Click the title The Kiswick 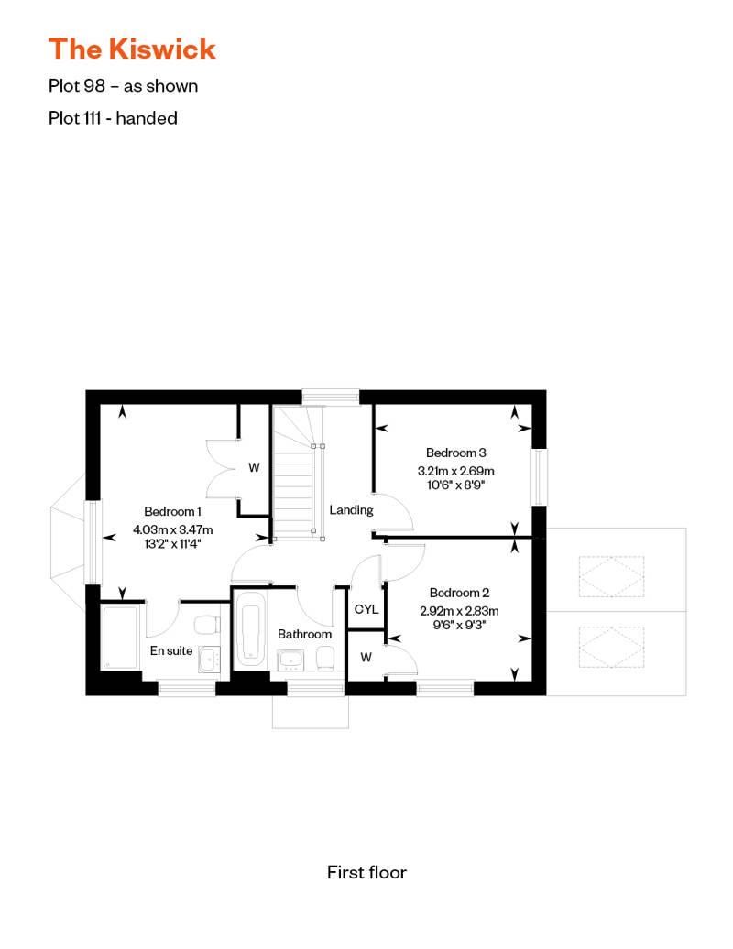132,49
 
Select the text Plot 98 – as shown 123,86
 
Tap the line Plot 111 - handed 113,117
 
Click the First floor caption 366,872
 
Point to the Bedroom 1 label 172,511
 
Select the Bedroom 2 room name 458,592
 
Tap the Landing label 351,509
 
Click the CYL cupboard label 366,609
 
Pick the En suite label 171,651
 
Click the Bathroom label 304,634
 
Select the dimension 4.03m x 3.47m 172,529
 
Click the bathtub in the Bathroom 250,631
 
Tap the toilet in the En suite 208,625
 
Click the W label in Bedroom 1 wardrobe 254,467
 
